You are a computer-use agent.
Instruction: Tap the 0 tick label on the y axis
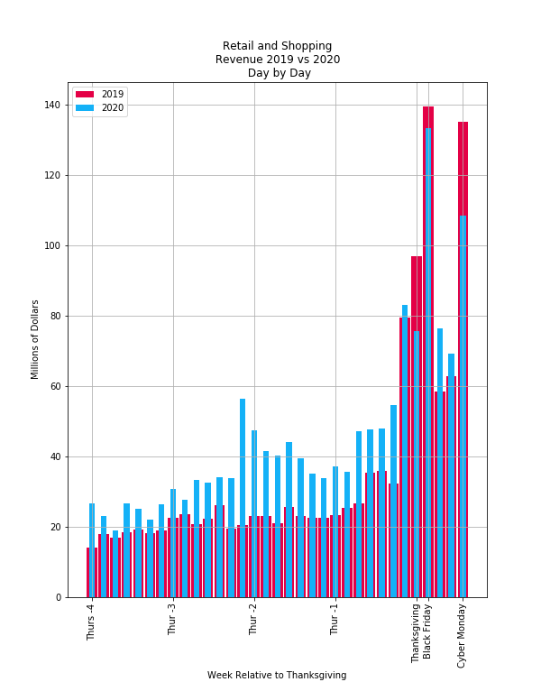pos(59,597)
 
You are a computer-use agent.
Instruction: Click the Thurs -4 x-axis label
pos(91,622)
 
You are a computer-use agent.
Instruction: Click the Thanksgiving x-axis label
pos(416,633)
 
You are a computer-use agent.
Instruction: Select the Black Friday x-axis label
pos(427,631)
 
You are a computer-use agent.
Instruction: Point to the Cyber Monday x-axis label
pos(463,635)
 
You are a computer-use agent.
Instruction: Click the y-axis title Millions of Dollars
pos(36,339)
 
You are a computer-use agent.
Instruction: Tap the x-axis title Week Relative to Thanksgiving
pos(277,675)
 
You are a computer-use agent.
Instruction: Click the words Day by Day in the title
pos(279,73)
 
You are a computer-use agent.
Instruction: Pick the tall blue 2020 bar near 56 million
pos(243,496)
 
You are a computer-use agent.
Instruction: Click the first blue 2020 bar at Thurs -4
pos(92,541)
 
